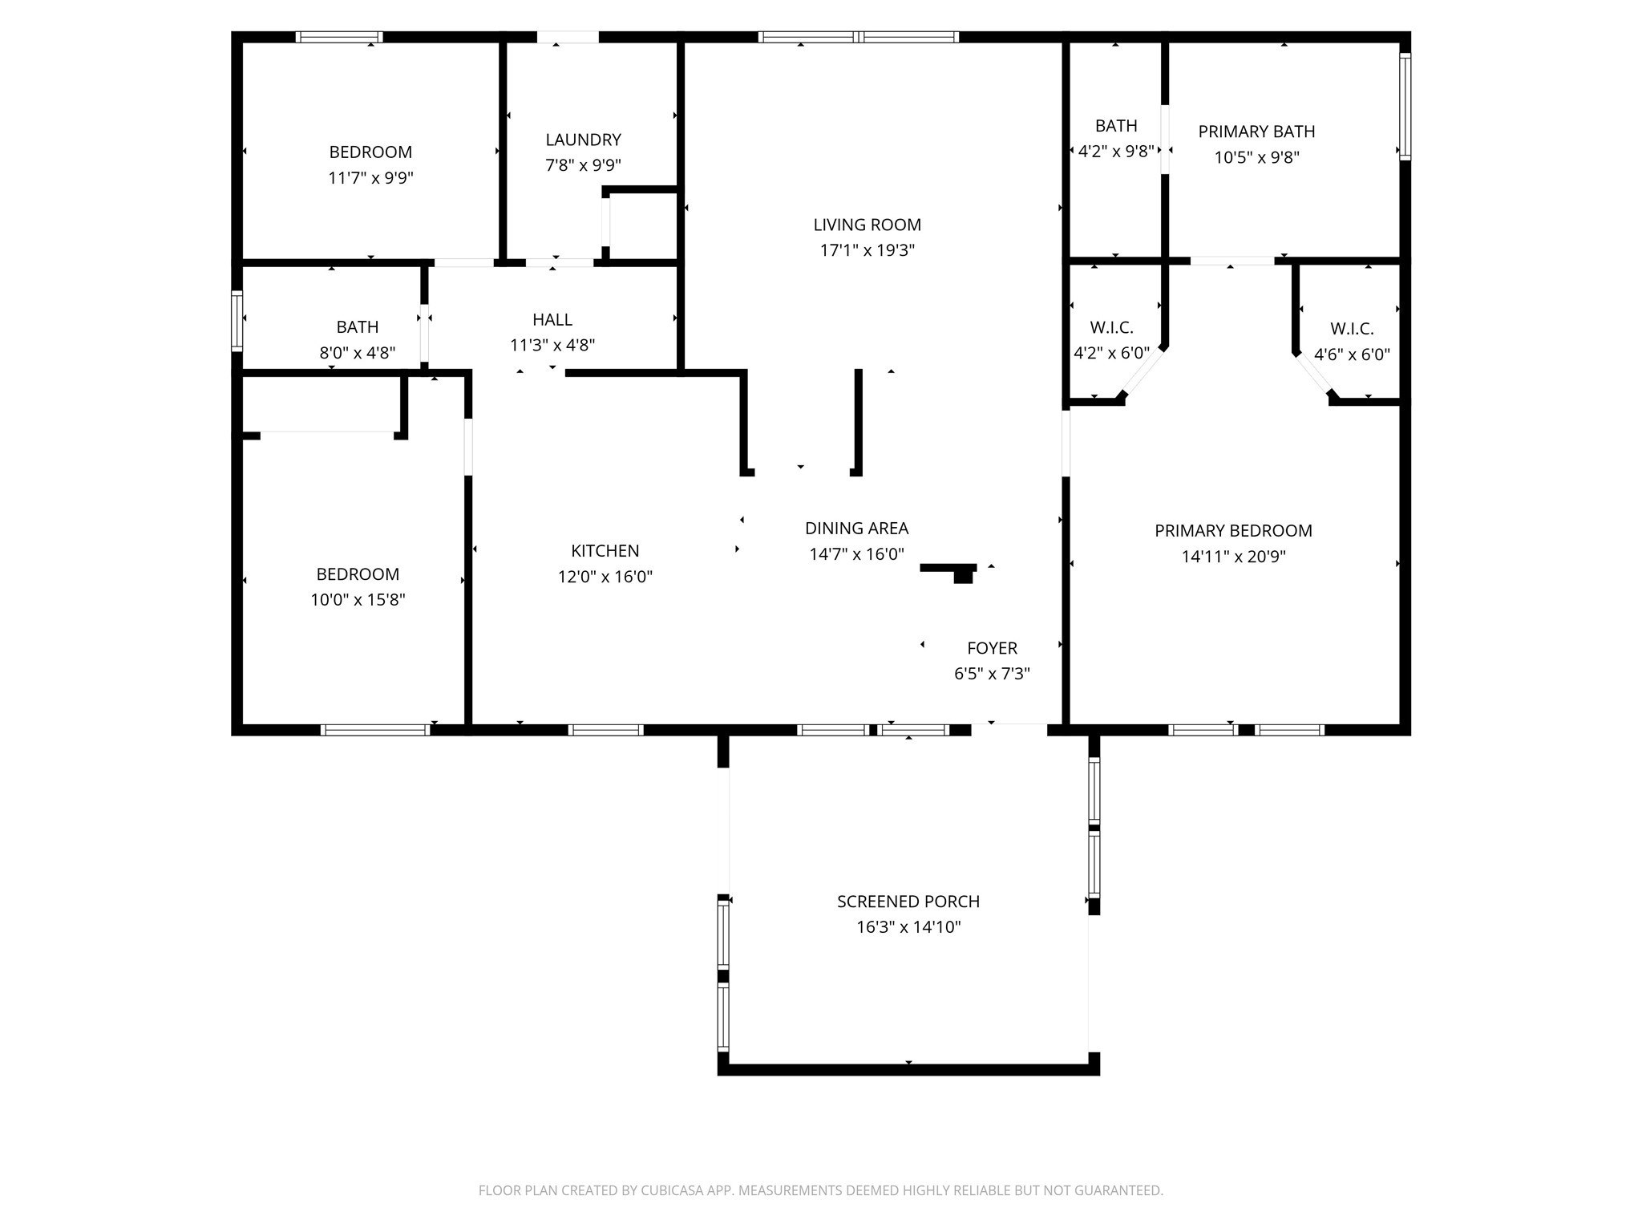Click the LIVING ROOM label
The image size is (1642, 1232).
pyautogui.click(x=867, y=225)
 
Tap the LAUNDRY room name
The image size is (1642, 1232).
pyautogui.click(x=583, y=140)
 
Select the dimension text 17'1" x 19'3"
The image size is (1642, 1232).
pyautogui.click(x=867, y=250)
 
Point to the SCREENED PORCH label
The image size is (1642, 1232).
pyautogui.click(x=908, y=902)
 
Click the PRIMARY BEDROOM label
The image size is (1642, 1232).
pyautogui.click(x=1233, y=530)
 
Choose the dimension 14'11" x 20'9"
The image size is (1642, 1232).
pyautogui.click(x=1233, y=556)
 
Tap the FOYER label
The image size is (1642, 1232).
pyautogui.click(x=992, y=648)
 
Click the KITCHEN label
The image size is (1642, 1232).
pyautogui.click(x=605, y=551)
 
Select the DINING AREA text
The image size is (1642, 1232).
pyautogui.click(x=856, y=529)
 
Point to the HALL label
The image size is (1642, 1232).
pyautogui.click(x=552, y=320)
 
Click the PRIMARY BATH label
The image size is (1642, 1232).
pyautogui.click(x=1256, y=132)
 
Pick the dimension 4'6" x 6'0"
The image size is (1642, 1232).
pyautogui.click(x=1352, y=355)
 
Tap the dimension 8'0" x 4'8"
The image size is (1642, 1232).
pyautogui.click(x=357, y=353)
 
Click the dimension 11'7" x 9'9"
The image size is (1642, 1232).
pyautogui.click(x=370, y=178)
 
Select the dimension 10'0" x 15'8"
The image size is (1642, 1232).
pyautogui.click(x=358, y=600)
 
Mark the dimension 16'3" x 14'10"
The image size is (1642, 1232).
pyautogui.click(x=908, y=927)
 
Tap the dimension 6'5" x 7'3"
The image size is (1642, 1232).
pyautogui.click(x=992, y=674)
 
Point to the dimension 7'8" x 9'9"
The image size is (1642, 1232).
pyautogui.click(x=583, y=165)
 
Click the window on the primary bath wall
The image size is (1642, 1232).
pyautogui.click(x=1405, y=106)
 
